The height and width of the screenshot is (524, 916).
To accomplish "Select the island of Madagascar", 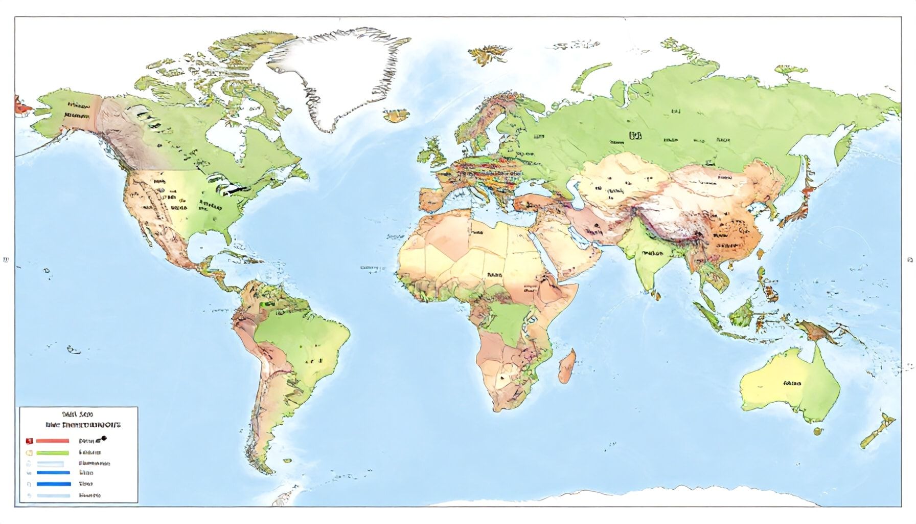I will coord(567,366).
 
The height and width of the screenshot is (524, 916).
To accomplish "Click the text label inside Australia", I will coord(792,383).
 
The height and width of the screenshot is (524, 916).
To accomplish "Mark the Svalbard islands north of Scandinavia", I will coord(488,53).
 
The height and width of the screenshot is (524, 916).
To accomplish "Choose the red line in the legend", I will coord(52,440).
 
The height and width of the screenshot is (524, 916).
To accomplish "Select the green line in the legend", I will coord(52,452).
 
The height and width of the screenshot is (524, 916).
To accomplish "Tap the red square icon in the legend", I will coord(29,440).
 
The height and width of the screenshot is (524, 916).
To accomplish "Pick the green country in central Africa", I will coord(506,322).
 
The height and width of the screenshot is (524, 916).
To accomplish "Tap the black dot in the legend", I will coord(104,439).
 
